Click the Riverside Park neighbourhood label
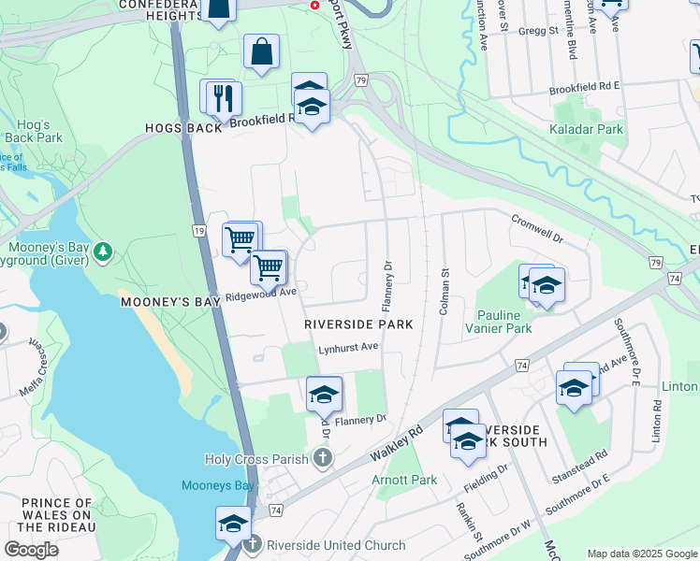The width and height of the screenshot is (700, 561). (358, 324)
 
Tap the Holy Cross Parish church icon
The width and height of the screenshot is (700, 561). (323, 458)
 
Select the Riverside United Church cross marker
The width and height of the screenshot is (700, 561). (252, 545)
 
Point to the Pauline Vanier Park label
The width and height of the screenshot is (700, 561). (504, 322)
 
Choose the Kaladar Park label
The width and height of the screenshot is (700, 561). (586, 129)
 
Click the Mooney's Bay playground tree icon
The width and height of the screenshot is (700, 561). (103, 251)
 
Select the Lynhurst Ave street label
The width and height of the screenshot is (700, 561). (348, 347)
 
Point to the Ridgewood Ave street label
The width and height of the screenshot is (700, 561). (260, 294)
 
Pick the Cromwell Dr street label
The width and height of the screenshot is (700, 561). (537, 225)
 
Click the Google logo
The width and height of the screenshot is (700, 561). (32, 550)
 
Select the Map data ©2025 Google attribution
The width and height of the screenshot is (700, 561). (642, 554)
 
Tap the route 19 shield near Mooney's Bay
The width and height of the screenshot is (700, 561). (199, 230)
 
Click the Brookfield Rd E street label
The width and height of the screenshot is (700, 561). (584, 86)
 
